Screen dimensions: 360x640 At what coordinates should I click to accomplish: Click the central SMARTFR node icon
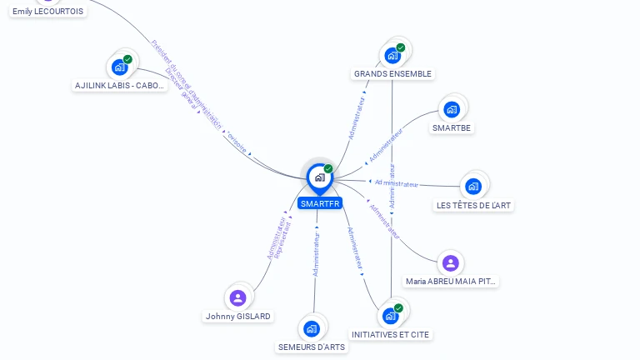(319, 177)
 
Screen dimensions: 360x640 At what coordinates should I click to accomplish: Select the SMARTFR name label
(320, 203)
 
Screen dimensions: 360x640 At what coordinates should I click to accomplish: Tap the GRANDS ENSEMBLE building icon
(392, 56)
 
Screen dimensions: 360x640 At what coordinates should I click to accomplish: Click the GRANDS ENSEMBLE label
(392, 74)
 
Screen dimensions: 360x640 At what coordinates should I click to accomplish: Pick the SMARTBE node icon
(452, 109)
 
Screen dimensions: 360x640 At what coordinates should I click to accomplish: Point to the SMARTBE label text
(452, 128)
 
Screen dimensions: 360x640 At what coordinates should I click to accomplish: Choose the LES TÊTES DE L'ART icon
(473, 186)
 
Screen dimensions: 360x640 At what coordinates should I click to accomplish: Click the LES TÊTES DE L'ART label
(474, 205)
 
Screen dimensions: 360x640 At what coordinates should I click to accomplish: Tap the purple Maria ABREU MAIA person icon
(451, 263)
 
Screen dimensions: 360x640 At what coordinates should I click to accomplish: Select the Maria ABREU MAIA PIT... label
(451, 282)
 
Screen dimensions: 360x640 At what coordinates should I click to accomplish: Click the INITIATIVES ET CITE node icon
(390, 317)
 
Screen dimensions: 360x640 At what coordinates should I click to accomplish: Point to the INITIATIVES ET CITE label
(391, 335)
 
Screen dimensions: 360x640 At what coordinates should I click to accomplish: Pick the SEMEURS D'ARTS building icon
(312, 328)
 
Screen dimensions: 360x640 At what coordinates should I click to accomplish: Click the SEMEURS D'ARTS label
(311, 347)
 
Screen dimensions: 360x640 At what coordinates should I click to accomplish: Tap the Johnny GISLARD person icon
(238, 297)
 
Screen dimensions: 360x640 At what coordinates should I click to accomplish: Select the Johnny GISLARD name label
(238, 317)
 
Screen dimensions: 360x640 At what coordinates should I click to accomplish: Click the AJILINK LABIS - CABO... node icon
(119, 67)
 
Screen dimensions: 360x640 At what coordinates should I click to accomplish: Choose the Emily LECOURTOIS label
(48, 12)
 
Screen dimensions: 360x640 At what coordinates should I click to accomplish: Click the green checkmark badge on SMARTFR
(328, 169)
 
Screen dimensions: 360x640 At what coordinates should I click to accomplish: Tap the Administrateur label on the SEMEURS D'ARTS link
(316, 254)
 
